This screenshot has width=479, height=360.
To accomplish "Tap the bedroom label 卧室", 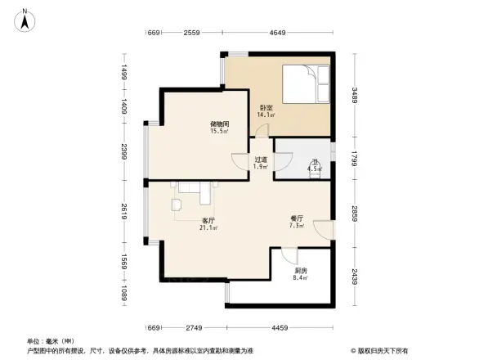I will click(266, 107).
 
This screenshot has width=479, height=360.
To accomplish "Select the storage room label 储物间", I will click(218, 124).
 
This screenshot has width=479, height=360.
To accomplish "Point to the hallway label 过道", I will click(261, 160).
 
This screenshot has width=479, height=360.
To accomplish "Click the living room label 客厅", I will click(208, 220).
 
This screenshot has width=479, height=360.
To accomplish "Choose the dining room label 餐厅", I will click(297, 218).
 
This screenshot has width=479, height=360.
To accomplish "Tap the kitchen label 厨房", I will click(301, 271).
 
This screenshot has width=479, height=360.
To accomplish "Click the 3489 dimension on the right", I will click(356, 97).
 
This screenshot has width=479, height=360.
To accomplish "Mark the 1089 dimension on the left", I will click(123, 292).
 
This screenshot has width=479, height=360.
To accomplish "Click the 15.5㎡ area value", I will click(218, 131).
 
